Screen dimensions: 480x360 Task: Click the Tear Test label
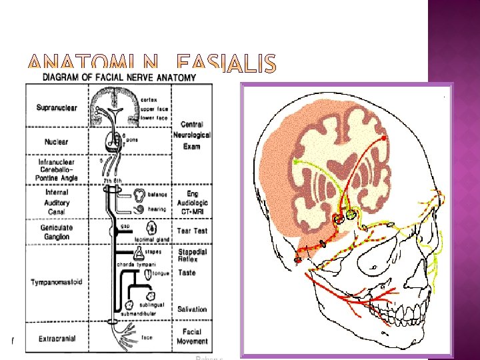click(192, 231)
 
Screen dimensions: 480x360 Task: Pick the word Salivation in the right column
click(192, 309)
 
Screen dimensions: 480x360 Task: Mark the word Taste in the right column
click(187, 273)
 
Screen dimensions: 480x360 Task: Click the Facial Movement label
click(192, 337)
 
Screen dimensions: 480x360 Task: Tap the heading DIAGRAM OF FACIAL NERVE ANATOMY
click(119, 77)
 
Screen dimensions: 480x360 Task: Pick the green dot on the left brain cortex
click(295, 162)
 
